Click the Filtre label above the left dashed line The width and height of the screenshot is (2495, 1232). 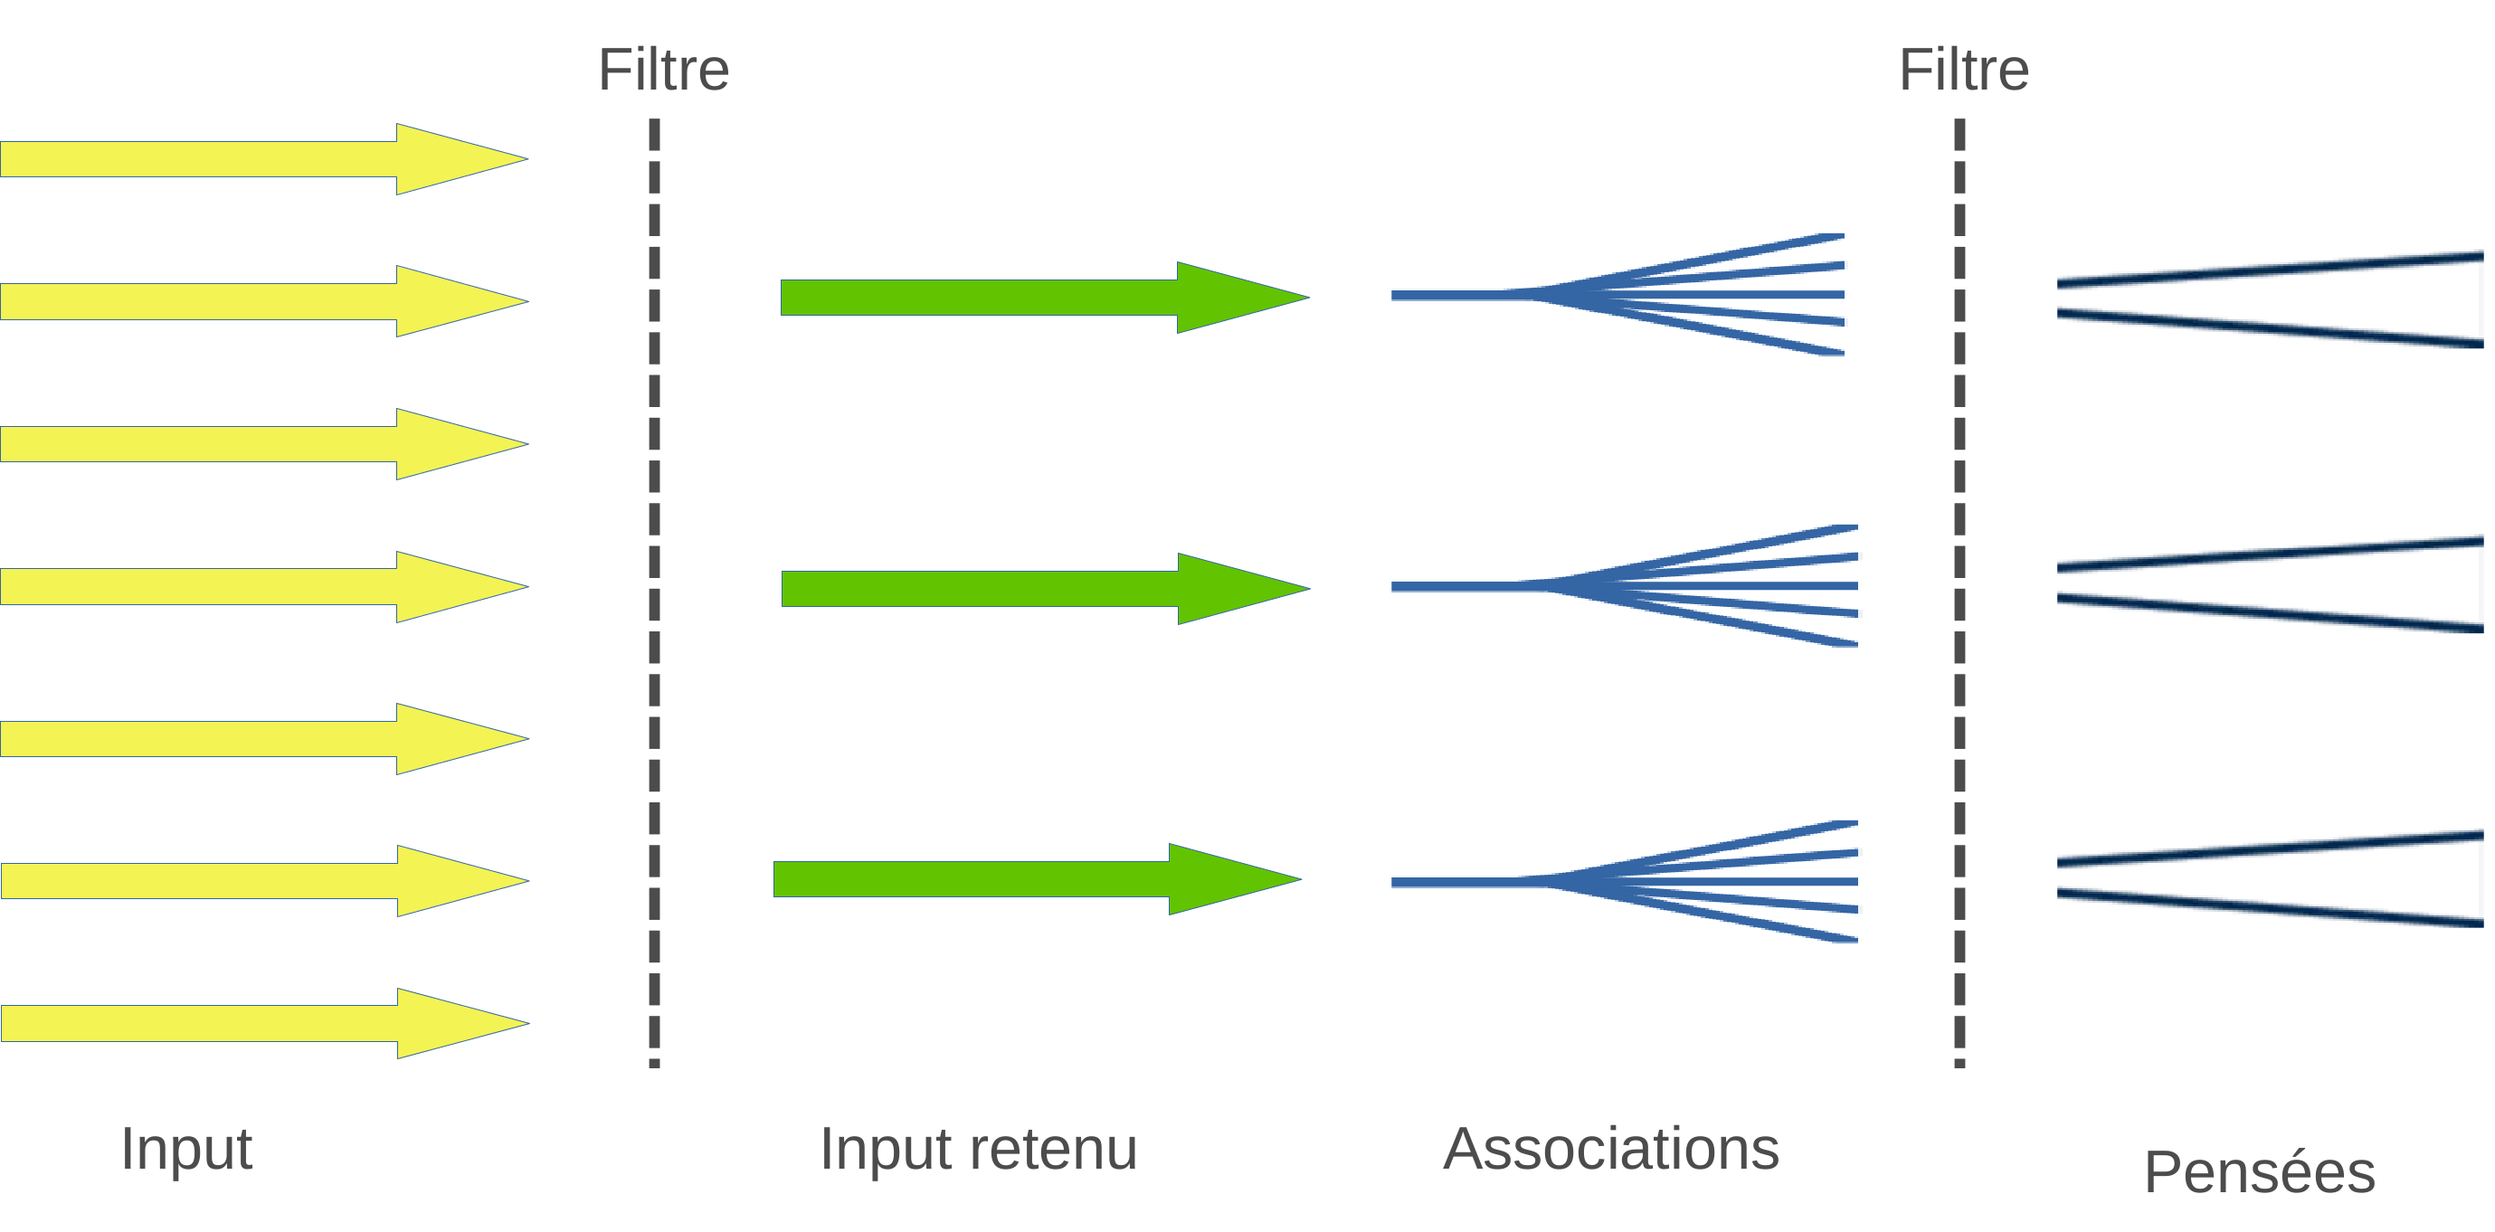coord(663,70)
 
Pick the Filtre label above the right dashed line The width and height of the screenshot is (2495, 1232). coord(1963,70)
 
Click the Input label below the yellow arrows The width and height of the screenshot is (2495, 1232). coord(186,1150)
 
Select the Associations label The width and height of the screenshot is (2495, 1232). coord(1610,1150)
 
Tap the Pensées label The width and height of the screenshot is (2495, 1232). coord(2259,1172)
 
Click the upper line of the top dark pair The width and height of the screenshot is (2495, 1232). coord(2266,270)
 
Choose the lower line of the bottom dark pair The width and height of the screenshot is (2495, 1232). coord(2266,908)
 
